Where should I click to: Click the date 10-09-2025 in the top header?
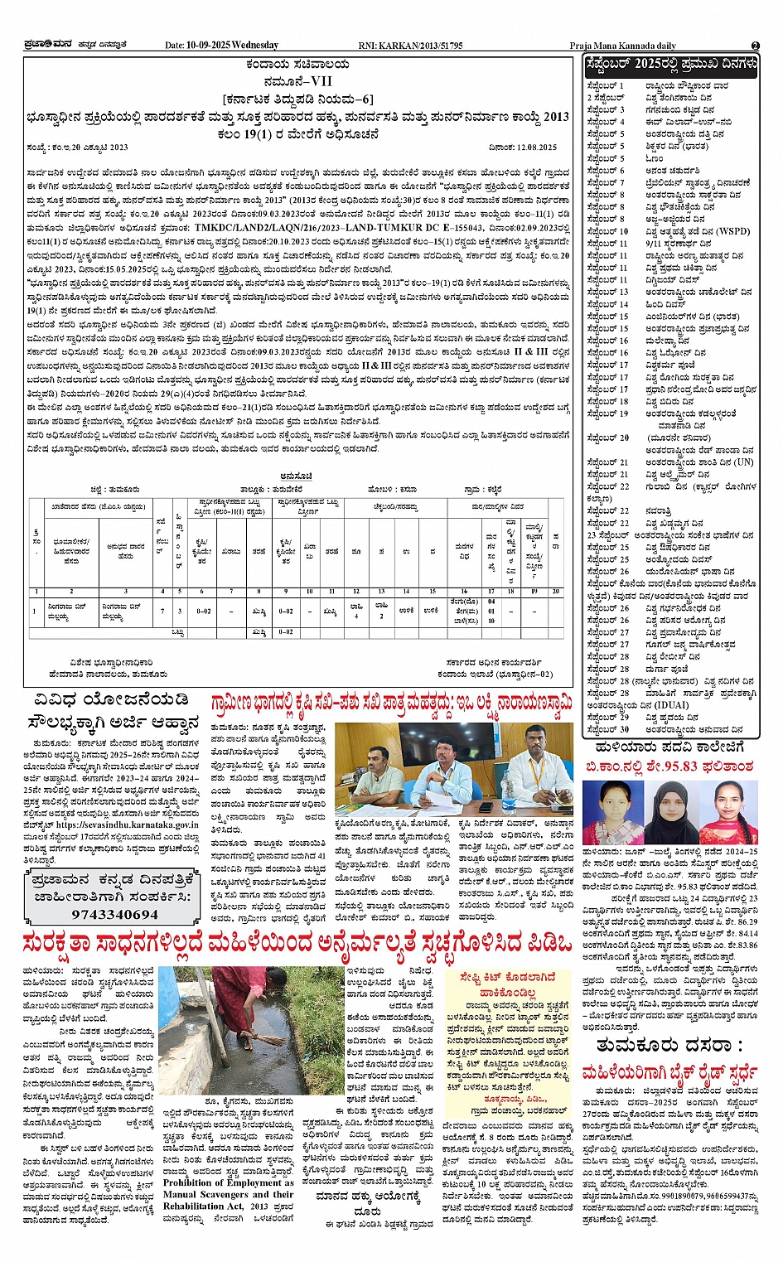[x=208, y=46]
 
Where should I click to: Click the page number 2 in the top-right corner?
[x=755, y=46]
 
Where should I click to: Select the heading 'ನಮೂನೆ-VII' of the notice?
[x=297, y=81]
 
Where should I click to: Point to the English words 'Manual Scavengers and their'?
[x=228, y=1194]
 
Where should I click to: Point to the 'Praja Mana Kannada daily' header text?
[x=622, y=46]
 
